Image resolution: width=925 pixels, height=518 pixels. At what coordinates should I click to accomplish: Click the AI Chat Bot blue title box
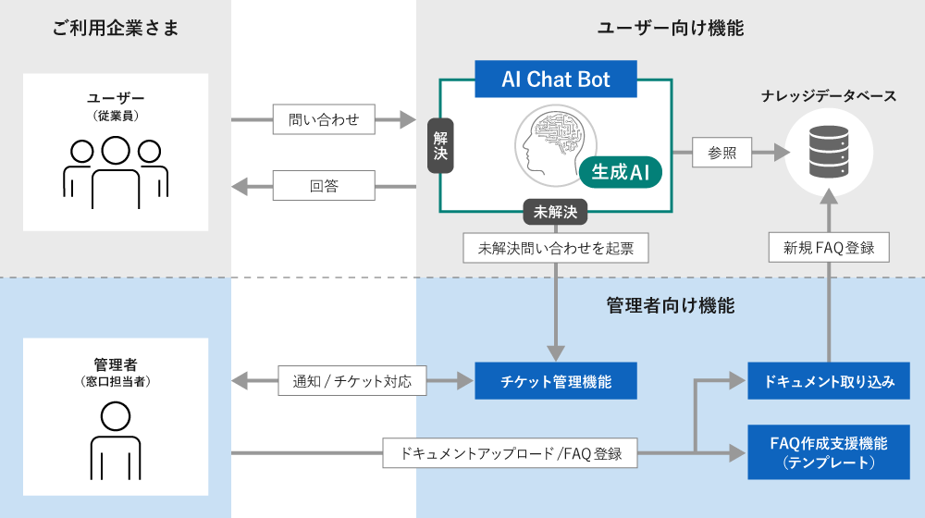point(556,79)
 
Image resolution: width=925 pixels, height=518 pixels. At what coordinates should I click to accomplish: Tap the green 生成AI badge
point(621,171)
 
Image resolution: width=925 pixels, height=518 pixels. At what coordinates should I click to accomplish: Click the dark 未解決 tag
point(555,211)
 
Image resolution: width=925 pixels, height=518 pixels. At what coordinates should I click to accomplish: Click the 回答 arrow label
point(324,186)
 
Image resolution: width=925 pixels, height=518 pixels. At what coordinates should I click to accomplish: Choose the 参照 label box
point(721,153)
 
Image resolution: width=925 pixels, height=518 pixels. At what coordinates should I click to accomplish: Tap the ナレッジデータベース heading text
point(829,96)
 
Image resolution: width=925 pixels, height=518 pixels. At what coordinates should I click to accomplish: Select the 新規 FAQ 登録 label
point(829,247)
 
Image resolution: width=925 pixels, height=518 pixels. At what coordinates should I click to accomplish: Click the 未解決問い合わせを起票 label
point(555,247)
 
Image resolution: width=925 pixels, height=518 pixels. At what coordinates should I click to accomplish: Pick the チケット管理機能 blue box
point(555,380)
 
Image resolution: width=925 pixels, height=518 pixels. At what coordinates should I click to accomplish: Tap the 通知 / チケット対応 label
point(352,380)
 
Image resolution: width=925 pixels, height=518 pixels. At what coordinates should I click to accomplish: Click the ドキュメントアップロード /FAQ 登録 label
point(510,453)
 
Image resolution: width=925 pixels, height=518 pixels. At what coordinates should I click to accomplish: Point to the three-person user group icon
point(116,172)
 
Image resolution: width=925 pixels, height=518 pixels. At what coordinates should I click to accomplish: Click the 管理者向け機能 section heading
point(671,305)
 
